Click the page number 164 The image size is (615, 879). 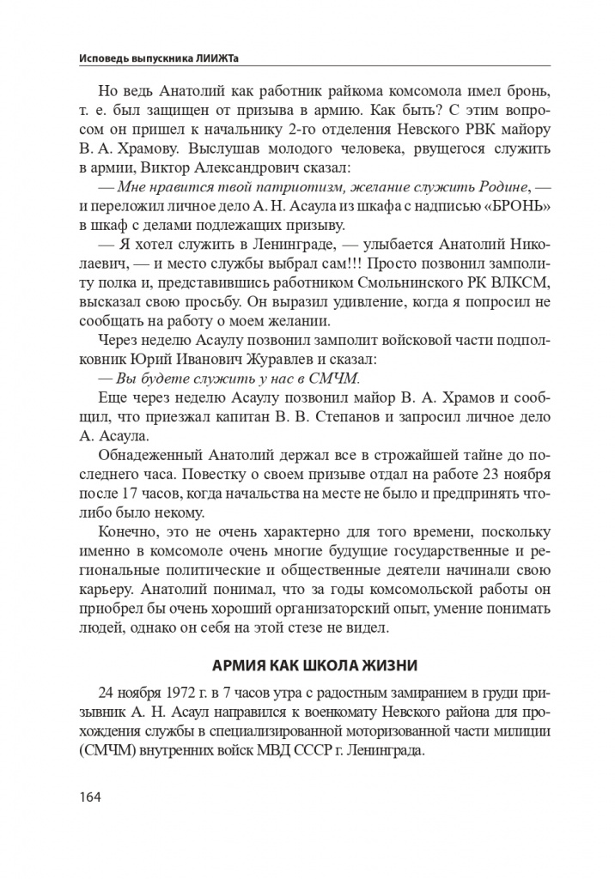(x=89, y=797)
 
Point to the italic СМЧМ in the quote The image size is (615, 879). (x=333, y=379)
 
